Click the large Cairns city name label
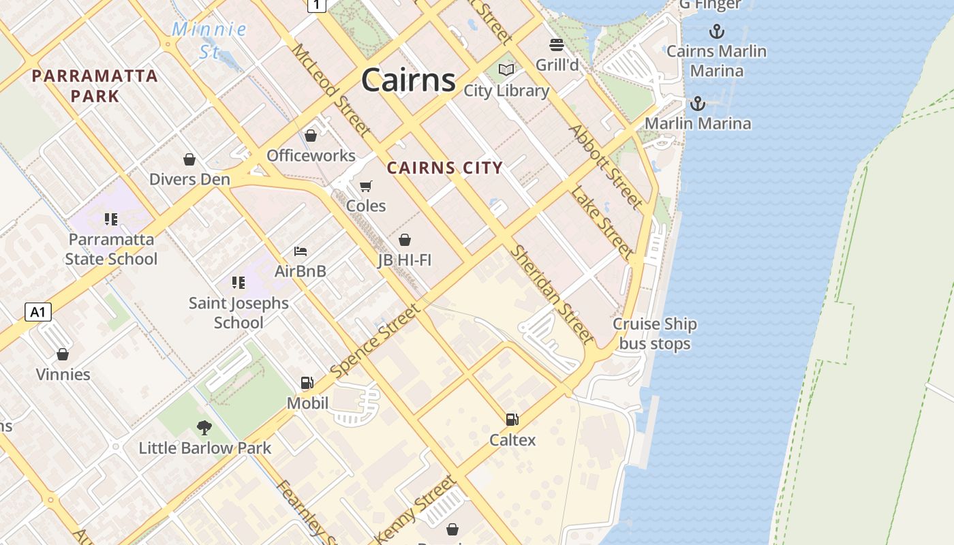tap(408, 80)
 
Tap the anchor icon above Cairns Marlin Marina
tap(716, 31)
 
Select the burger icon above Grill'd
tap(557, 46)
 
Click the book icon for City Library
tap(506, 70)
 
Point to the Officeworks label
tap(311, 155)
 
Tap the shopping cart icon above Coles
tap(366, 186)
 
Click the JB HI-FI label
tap(405, 260)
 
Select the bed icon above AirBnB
tap(301, 251)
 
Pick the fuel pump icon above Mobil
tap(307, 383)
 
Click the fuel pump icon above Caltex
tap(512, 420)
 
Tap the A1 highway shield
tap(38, 313)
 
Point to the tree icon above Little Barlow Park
tap(204, 428)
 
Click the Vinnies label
tap(63, 374)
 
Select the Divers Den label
tap(189, 179)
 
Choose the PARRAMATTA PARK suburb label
tap(95, 86)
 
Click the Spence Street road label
tap(375, 341)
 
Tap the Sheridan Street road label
tap(552, 294)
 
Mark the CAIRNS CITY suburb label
tap(445, 168)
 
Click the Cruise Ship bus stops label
tap(655, 334)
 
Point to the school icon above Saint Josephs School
tap(238, 283)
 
